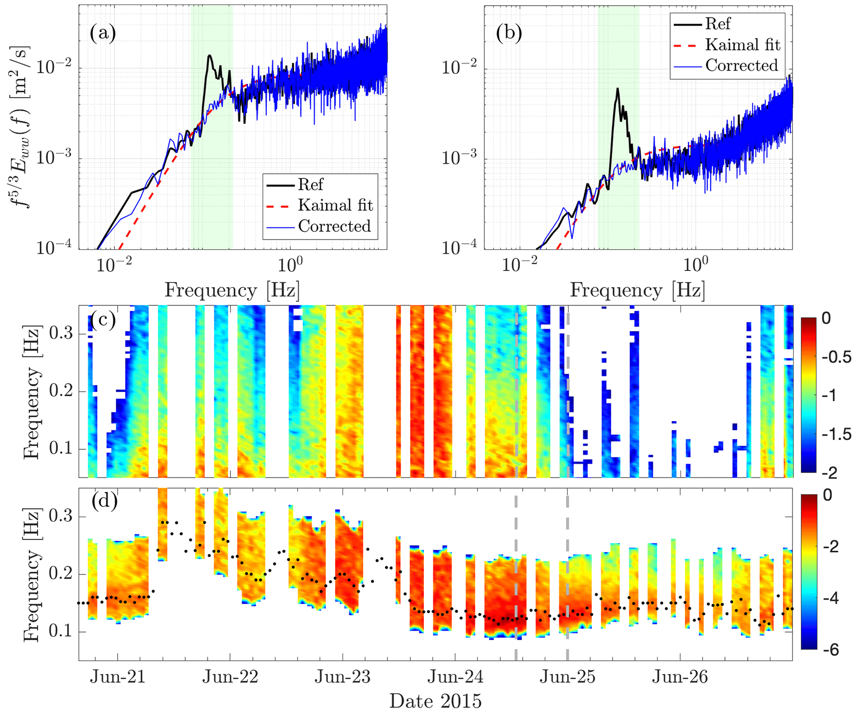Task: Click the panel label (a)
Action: [103, 33]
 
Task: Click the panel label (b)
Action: [509, 33]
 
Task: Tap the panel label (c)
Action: [103, 320]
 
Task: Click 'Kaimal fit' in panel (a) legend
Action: [335, 205]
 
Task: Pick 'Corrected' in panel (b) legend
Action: [741, 65]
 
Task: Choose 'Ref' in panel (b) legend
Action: [718, 24]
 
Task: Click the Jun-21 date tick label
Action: [118, 677]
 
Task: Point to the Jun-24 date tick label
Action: [455, 677]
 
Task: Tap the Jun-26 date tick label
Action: [680, 677]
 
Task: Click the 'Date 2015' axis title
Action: [435, 701]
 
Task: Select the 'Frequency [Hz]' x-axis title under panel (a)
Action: [232, 290]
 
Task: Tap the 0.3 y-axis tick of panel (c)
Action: [62, 333]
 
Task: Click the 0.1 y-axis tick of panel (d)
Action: [62, 632]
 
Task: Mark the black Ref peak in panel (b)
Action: [618, 89]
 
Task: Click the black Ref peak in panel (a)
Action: [210, 55]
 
